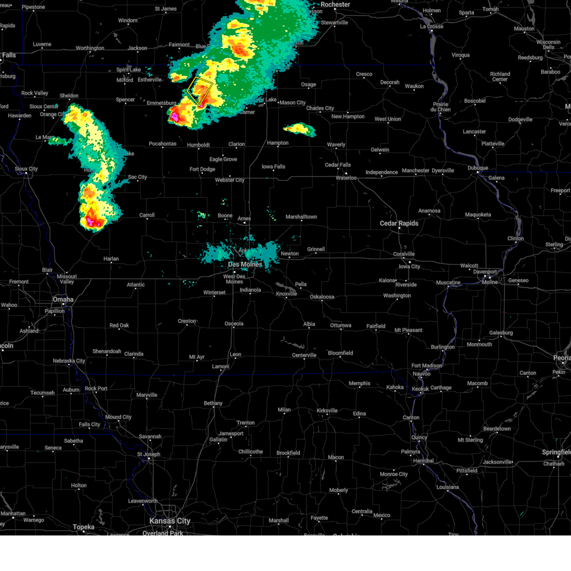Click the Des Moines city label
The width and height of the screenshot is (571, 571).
click(x=245, y=265)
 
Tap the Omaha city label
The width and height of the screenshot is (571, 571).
click(x=63, y=299)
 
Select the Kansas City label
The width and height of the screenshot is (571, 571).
click(x=169, y=521)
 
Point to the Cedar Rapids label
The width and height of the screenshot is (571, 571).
click(x=399, y=223)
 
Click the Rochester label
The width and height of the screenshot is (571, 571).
click(x=335, y=5)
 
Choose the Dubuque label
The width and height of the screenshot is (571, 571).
click(x=477, y=168)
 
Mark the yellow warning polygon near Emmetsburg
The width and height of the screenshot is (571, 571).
click(x=200, y=91)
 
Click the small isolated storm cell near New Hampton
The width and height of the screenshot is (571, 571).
click(x=299, y=129)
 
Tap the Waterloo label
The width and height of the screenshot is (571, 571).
click(x=346, y=178)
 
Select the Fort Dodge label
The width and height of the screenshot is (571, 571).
click(x=202, y=169)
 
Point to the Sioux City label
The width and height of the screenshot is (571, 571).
click(x=26, y=169)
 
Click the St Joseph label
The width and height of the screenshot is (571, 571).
click(x=148, y=454)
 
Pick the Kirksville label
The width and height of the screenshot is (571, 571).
click(x=327, y=411)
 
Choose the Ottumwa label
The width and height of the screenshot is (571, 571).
click(x=341, y=325)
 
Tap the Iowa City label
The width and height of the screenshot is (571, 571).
click(x=409, y=266)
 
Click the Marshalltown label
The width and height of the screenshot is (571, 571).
click(x=301, y=217)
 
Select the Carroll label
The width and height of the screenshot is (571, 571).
click(x=147, y=215)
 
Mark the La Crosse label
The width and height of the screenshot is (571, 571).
click(x=432, y=27)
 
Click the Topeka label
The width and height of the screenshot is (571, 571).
click(x=83, y=527)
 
